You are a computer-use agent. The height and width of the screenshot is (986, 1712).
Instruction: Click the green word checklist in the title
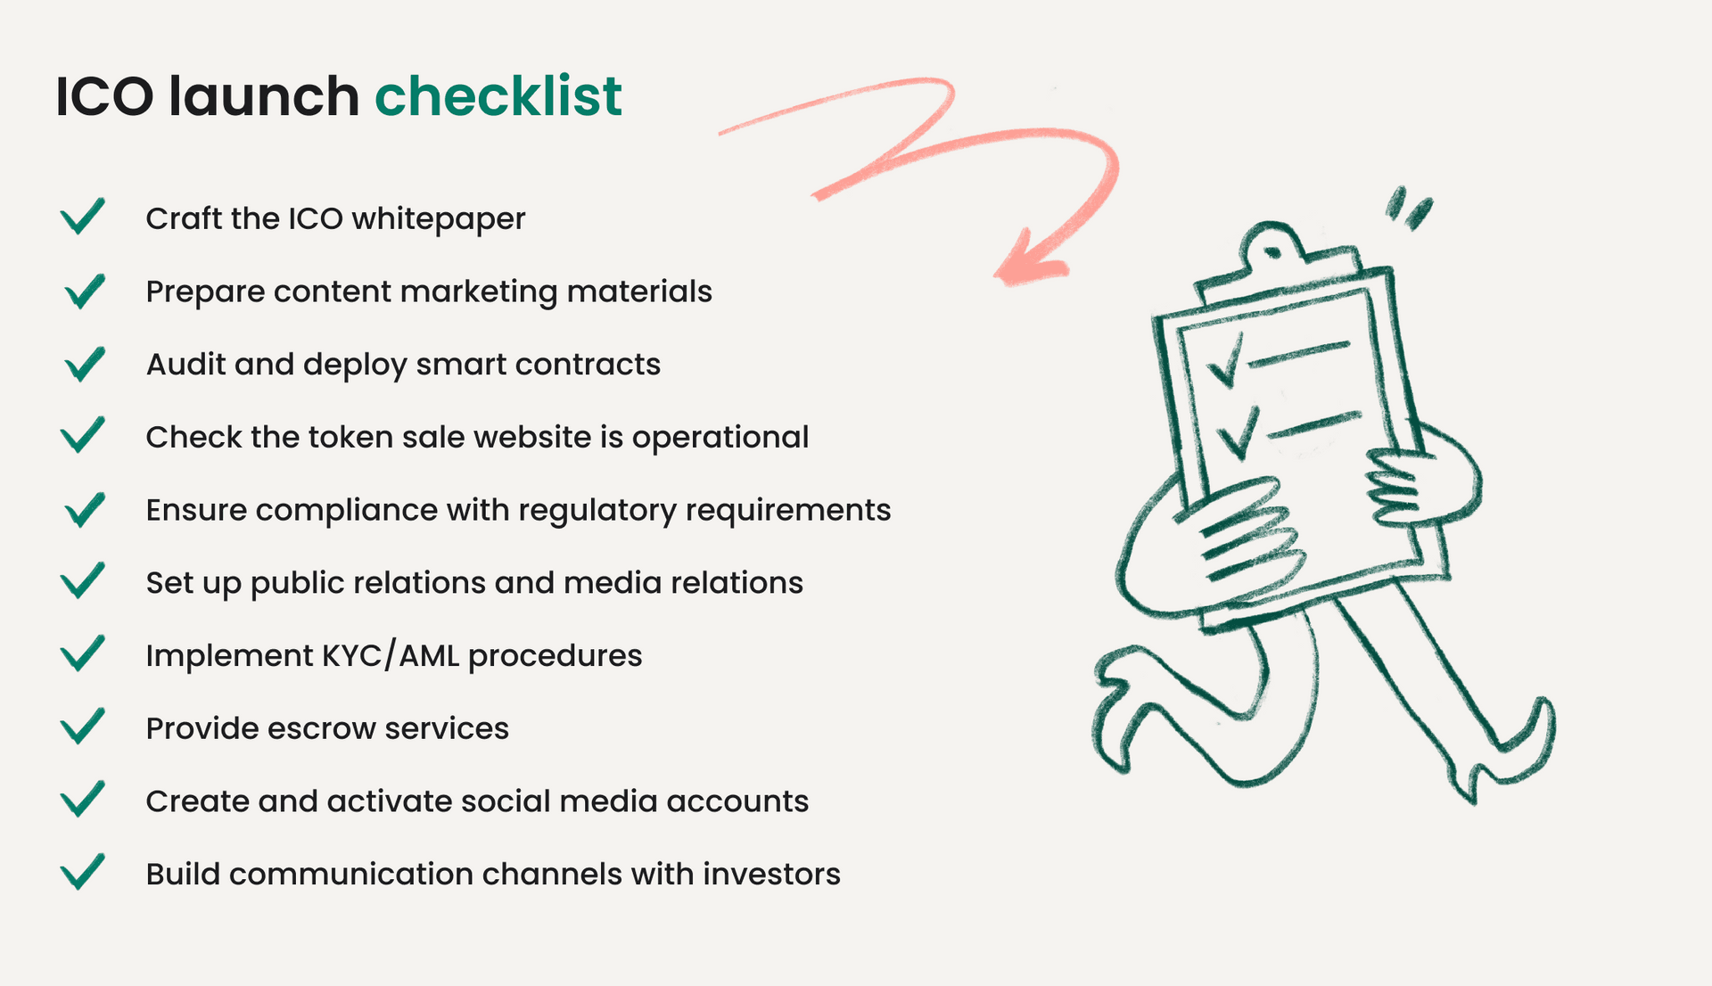click(x=498, y=96)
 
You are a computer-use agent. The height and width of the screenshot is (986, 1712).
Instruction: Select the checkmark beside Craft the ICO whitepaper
click(x=82, y=216)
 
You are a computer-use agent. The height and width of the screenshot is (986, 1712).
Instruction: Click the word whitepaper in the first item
click(x=439, y=219)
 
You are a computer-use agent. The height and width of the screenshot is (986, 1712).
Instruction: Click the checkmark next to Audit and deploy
click(x=85, y=364)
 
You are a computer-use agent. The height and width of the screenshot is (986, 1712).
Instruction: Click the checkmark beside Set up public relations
click(x=82, y=580)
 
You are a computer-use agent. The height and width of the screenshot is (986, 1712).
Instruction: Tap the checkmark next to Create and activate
click(x=82, y=799)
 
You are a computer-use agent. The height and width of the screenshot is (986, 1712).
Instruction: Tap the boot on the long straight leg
click(x=1507, y=753)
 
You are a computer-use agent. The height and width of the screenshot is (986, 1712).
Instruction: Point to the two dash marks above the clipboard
click(x=1408, y=208)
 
